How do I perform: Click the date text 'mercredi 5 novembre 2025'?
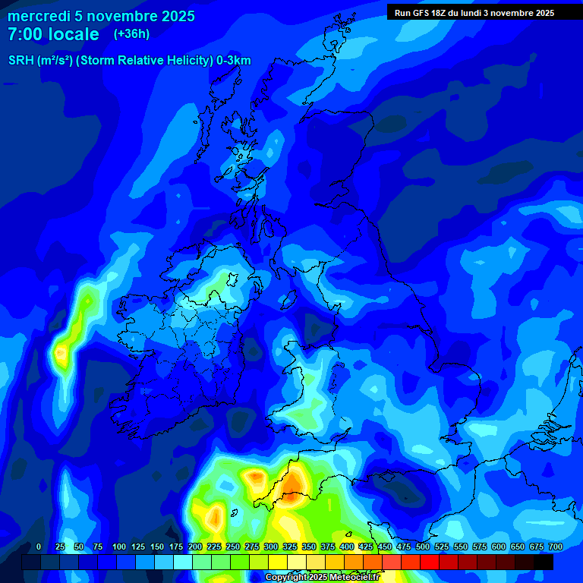coord(101,16)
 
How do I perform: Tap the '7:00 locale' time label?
coord(53,34)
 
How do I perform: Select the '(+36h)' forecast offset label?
coord(131,34)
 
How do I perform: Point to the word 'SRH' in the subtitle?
coord(21,61)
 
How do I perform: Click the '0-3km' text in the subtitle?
coord(233,61)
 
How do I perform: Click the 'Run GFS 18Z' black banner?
coord(474,12)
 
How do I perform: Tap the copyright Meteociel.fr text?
coord(323,578)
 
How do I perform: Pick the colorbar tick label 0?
coord(39,547)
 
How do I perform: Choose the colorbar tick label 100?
coord(118,547)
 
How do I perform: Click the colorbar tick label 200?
coord(194,547)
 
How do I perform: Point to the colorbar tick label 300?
coord(270,547)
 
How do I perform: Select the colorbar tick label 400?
coord(346,547)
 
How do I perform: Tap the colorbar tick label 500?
coord(422,547)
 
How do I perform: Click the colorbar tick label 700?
coord(555,547)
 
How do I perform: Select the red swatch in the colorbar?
coord(430,562)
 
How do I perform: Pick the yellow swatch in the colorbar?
coord(278,562)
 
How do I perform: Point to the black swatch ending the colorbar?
coord(544,562)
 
